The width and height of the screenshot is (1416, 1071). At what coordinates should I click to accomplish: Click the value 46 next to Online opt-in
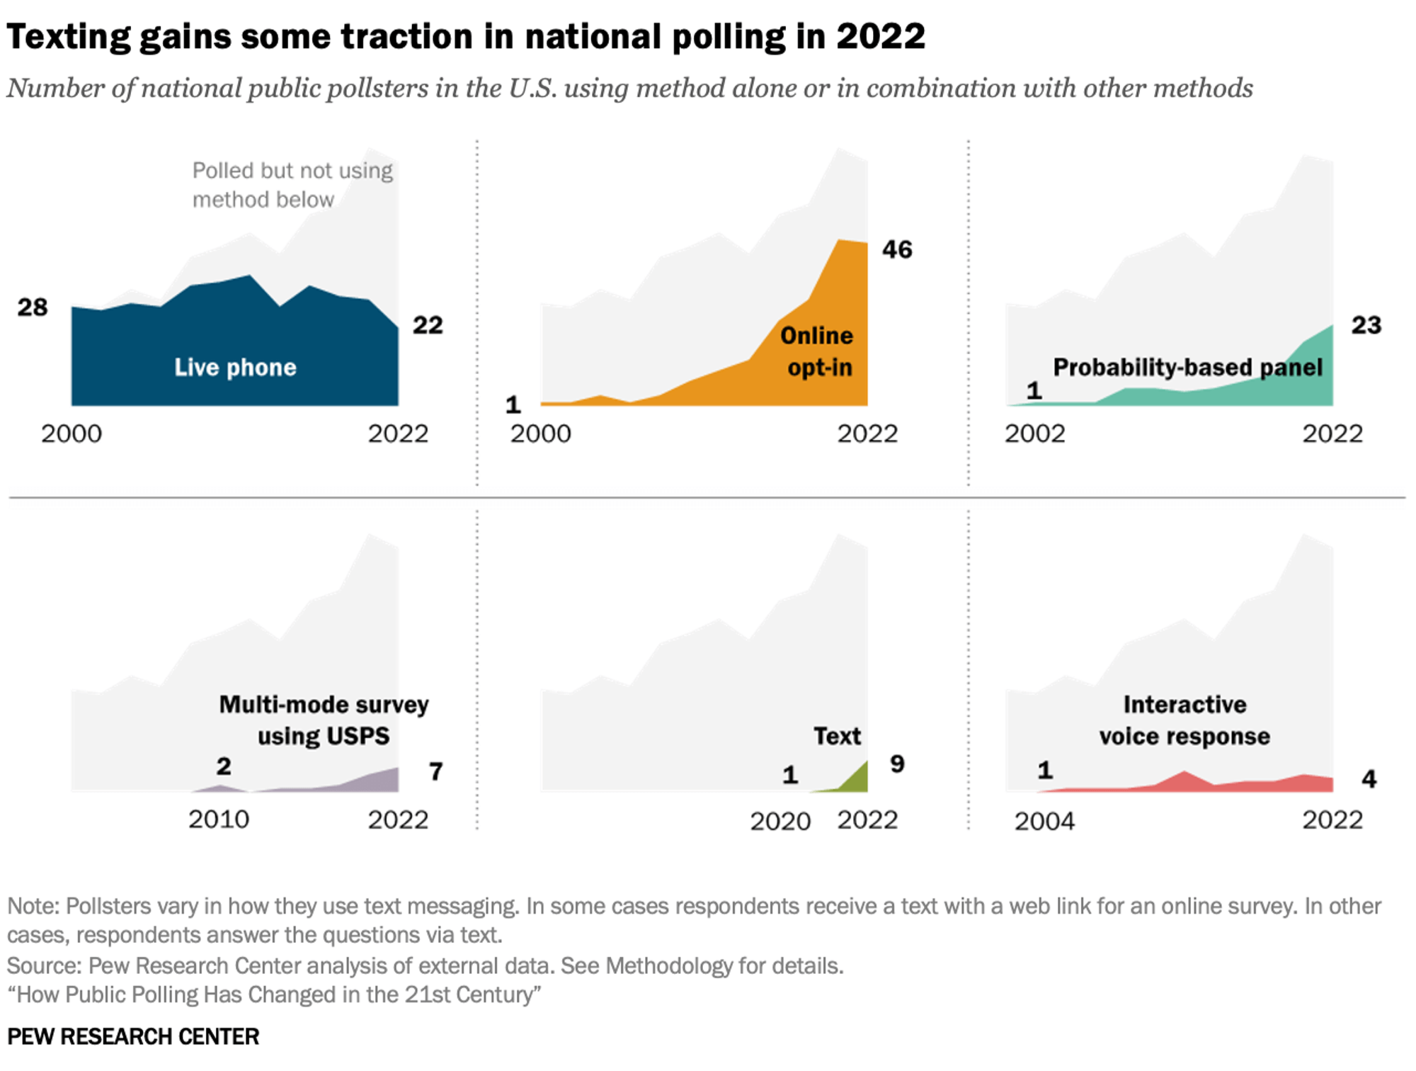(897, 249)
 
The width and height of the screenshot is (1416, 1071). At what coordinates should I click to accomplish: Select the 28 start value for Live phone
(33, 307)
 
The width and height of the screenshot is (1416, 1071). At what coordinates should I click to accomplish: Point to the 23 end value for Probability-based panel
(1366, 325)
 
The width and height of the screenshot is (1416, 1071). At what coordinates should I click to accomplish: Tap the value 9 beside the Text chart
(897, 764)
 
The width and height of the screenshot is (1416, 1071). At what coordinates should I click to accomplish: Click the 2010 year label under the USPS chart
(219, 820)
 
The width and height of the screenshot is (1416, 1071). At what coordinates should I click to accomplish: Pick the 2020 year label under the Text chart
(780, 822)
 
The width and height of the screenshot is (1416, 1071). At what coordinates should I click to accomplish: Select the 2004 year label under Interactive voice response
(1044, 822)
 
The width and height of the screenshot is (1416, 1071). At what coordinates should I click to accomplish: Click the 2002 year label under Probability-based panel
(1034, 433)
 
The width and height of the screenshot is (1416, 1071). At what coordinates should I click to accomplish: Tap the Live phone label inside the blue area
(235, 367)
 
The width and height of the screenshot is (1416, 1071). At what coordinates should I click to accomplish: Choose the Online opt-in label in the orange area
(818, 351)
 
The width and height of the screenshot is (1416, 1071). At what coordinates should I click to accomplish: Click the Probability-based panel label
(1187, 367)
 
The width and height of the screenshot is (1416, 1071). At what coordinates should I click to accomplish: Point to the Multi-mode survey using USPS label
(324, 720)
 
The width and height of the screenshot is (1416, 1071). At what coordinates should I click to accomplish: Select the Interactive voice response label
(1184, 720)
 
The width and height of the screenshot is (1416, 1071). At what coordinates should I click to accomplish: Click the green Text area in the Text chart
(858, 780)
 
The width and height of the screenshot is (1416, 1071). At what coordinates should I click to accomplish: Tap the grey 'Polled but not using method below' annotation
(292, 185)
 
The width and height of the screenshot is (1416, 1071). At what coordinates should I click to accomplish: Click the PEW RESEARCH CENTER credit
(133, 1036)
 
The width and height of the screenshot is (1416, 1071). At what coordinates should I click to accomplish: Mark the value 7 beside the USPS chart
(436, 771)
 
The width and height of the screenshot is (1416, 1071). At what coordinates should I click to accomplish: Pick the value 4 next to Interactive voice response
(1369, 779)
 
